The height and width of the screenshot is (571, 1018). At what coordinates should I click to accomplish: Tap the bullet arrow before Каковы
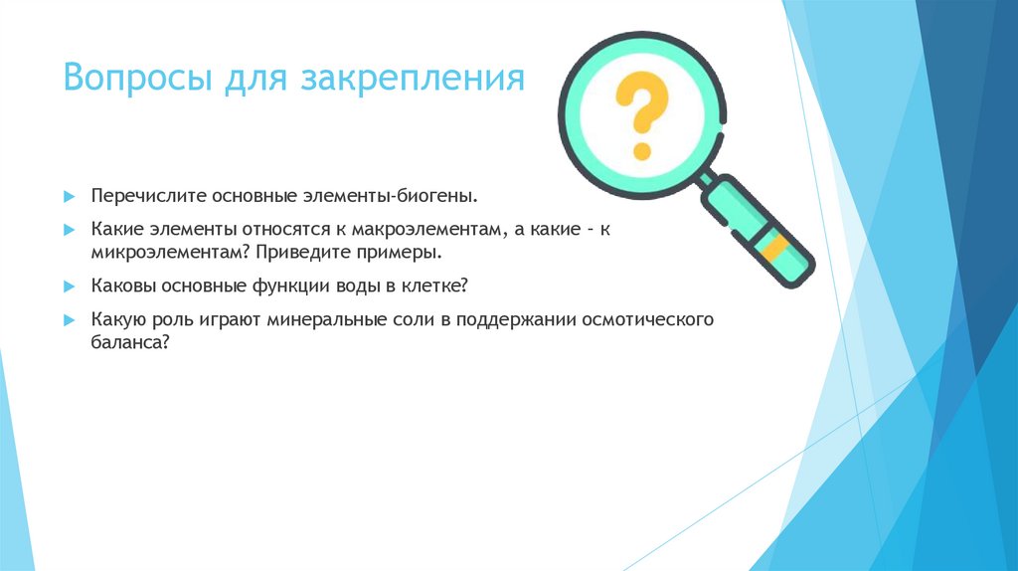(70, 286)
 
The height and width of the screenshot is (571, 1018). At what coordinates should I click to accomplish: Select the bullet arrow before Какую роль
(70, 321)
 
